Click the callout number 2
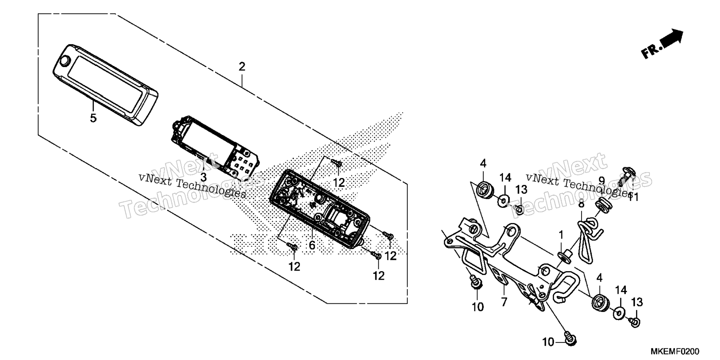[x=242, y=67]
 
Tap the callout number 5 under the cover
[x=93, y=118]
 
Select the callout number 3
[x=203, y=177]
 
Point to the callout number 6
[x=312, y=246]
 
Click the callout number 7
[x=504, y=301]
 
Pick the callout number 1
[x=561, y=235]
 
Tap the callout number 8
[x=581, y=204]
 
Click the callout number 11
[x=633, y=196]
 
